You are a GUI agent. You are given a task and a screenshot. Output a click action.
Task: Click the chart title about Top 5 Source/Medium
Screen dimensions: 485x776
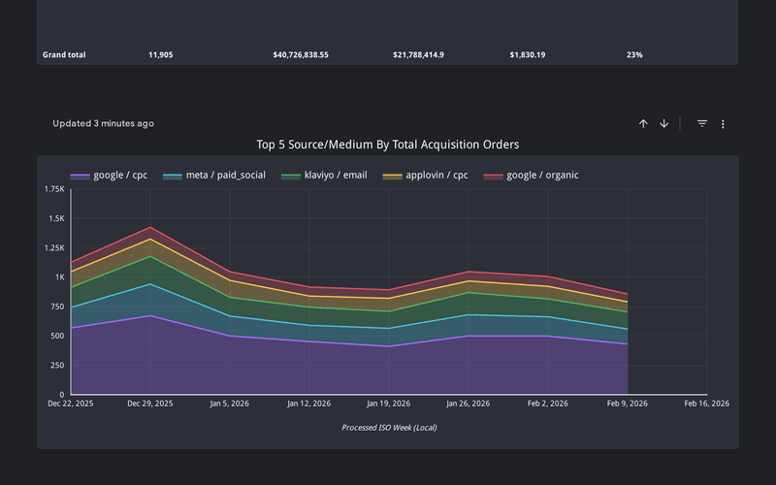tap(387, 145)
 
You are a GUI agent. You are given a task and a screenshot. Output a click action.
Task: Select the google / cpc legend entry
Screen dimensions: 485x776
tap(110, 176)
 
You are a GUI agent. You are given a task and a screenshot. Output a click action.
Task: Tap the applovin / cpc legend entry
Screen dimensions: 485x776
tap(427, 176)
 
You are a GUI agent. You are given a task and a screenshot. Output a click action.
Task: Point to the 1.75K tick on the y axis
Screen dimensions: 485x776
tap(54, 189)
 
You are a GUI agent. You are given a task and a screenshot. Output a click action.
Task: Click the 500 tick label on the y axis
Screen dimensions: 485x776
tap(57, 336)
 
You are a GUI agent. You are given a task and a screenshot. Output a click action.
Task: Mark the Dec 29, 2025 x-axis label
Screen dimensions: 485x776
tap(149, 404)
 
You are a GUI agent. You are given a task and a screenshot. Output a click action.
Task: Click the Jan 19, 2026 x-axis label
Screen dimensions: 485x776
tap(388, 404)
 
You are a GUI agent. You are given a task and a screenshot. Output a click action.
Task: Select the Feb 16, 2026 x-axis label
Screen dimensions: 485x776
tap(706, 404)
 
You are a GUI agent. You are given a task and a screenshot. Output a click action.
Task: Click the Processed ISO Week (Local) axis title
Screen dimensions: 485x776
tap(387, 427)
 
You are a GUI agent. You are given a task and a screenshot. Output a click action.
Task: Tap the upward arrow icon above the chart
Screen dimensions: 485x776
tap(643, 124)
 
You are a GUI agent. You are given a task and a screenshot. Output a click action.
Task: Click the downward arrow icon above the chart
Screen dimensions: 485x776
tap(664, 124)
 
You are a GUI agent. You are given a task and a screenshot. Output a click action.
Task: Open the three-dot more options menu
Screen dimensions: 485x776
tap(724, 124)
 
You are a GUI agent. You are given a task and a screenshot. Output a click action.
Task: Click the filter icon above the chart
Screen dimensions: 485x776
tap(702, 124)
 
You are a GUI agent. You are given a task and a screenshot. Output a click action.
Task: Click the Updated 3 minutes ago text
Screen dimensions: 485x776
tap(103, 124)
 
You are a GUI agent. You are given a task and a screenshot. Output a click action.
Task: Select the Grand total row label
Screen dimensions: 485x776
tap(64, 55)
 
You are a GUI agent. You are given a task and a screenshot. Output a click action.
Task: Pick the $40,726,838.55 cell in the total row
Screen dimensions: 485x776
tap(301, 55)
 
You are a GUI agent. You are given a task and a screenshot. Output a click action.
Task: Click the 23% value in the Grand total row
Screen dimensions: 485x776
tap(634, 55)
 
